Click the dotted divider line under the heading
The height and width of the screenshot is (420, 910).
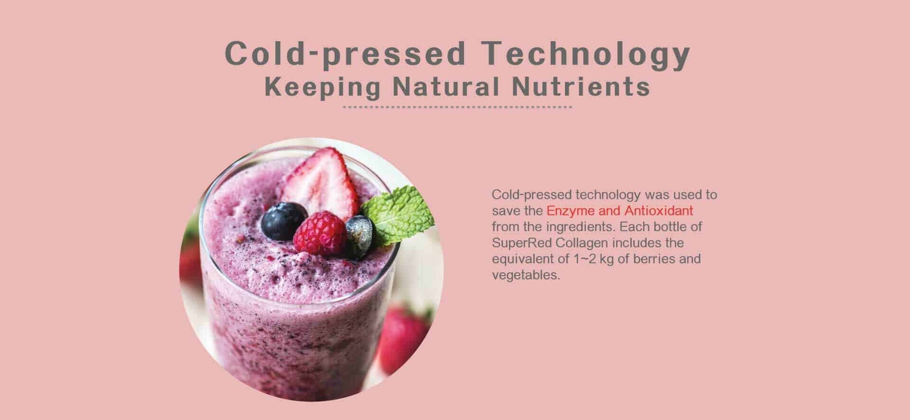[x=457, y=107]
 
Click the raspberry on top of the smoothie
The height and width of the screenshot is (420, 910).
[x=320, y=233]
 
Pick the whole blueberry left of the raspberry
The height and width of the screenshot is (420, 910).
[x=284, y=221]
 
